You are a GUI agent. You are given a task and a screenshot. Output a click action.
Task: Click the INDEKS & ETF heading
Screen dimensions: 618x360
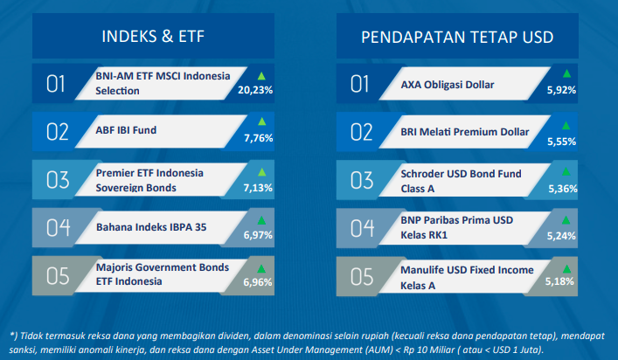click(153, 36)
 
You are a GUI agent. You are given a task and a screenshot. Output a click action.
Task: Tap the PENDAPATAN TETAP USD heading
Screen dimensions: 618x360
click(457, 37)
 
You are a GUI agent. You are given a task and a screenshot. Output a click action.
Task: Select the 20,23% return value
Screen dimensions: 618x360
click(255, 90)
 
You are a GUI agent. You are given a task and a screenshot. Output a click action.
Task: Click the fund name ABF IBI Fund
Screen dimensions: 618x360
click(126, 130)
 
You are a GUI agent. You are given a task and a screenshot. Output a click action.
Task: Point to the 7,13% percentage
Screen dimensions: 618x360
click(258, 188)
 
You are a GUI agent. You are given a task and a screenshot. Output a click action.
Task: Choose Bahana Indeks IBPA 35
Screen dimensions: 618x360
click(151, 227)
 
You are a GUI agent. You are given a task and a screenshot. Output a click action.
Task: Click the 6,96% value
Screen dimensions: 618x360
click(258, 282)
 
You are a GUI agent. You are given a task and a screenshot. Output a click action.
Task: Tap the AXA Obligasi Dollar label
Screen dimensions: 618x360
click(448, 85)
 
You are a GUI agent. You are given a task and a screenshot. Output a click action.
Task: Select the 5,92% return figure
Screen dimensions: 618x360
click(561, 90)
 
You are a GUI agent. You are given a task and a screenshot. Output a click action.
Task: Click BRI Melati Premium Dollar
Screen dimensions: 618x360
click(465, 132)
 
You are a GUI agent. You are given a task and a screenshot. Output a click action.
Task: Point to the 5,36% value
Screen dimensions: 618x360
click(563, 189)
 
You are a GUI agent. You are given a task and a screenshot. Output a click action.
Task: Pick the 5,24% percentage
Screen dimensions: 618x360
click(561, 236)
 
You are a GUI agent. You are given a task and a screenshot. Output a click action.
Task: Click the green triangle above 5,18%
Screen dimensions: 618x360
click(566, 269)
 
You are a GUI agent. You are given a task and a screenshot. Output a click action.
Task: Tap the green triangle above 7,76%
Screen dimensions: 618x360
click(261, 121)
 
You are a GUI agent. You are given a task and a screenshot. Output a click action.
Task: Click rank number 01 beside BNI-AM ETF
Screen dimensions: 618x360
click(55, 84)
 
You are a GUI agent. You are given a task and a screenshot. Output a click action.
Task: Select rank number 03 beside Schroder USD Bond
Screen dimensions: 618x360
click(362, 180)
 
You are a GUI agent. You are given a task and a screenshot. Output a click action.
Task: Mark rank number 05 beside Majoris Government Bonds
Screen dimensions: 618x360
click(58, 276)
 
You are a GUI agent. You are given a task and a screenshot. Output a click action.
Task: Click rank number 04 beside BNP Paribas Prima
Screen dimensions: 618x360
click(362, 228)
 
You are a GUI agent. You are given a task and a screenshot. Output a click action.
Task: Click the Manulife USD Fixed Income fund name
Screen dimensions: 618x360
click(467, 278)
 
